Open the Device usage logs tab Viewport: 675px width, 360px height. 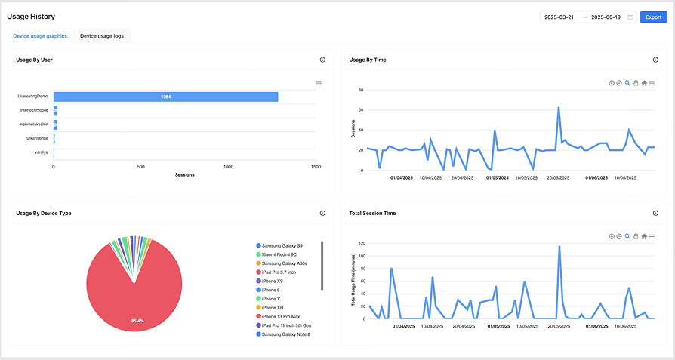102,36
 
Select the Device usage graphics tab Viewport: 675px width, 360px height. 40,36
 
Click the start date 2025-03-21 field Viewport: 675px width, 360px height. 559,17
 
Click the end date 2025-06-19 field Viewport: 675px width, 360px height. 606,17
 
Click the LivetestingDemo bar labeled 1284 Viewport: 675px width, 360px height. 165,97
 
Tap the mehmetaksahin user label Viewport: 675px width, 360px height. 33,124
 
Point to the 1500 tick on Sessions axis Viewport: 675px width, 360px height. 316,166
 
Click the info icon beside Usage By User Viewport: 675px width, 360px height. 322,60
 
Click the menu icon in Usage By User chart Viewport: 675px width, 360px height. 319,83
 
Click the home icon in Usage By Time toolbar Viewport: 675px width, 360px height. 644,83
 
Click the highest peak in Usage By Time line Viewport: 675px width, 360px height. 558,107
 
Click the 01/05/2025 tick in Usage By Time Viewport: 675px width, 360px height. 497,178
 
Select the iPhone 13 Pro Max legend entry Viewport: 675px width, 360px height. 280,316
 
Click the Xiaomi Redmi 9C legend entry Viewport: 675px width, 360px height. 279,254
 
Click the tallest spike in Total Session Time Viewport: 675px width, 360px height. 559,246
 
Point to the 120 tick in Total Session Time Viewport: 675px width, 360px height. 362,244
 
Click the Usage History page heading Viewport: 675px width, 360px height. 31,17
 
